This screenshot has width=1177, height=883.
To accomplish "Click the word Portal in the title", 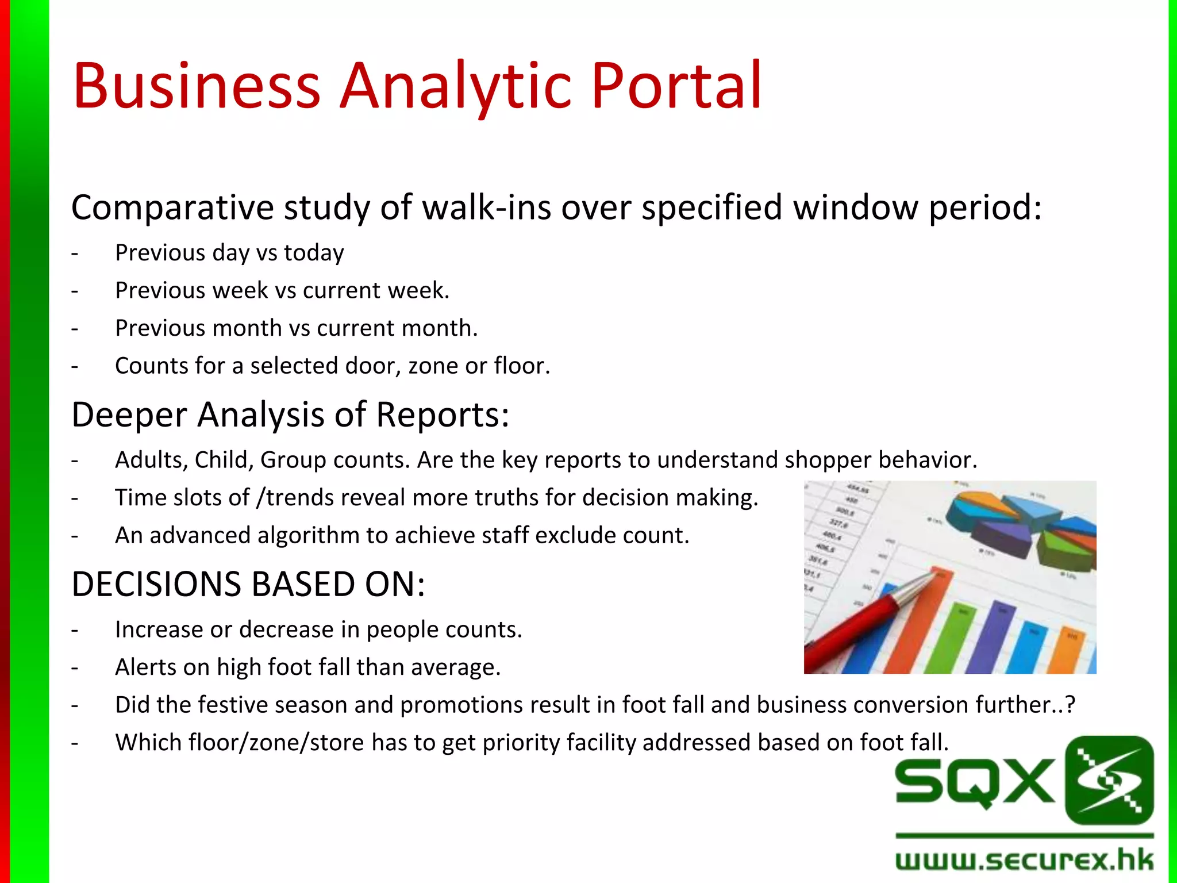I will (x=676, y=86).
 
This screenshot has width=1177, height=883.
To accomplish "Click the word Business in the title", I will (x=196, y=86).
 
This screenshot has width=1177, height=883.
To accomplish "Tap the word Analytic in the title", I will (x=455, y=86).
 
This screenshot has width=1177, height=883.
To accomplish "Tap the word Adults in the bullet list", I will (x=151, y=460).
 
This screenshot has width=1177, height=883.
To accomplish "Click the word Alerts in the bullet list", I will (x=145, y=667).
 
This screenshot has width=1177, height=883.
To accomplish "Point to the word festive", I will (x=229, y=705).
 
